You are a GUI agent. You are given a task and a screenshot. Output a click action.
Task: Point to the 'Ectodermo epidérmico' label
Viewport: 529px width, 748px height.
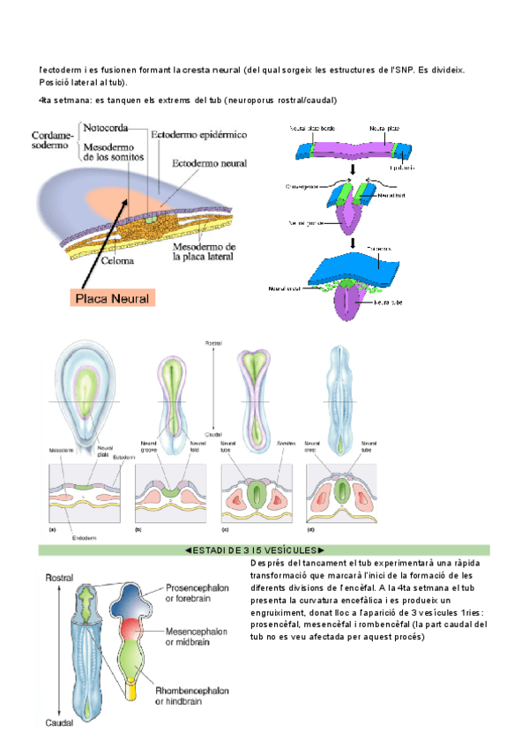(199, 134)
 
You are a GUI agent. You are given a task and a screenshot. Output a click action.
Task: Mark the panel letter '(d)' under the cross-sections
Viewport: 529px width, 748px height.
(309, 531)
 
